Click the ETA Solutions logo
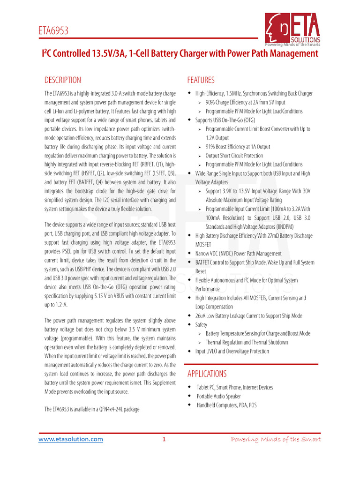pyautogui.click(x=292, y=29)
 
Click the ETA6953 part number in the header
pyautogui.click(x=53, y=31)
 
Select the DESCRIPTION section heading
pyautogui.click(x=62, y=80)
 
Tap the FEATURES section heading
pyautogui.click(x=201, y=80)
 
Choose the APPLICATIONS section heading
pyautogui.click(x=207, y=374)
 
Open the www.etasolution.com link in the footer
pyautogui.click(x=70, y=439)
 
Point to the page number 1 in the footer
pyautogui.click(x=164, y=439)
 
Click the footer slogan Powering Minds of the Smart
pyautogui.click(x=276, y=439)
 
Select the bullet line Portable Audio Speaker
pyautogui.click(x=218, y=396)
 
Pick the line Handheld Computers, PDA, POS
pyautogui.click(x=226, y=405)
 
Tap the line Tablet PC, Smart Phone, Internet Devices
pyautogui.click(x=234, y=387)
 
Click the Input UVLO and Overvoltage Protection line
pyautogui.click(x=232, y=351)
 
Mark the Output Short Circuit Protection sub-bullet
pyautogui.click(x=234, y=156)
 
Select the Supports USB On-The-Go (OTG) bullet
pyautogui.click(x=225, y=120)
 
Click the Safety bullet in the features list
pyautogui.click(x=201, y=324)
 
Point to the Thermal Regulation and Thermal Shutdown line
pyautogui.click(x=247, y=342)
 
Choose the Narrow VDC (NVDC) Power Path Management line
pyautogui.click(x=238, y=254)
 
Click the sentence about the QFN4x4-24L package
pyautogui.click(x=92, y=409)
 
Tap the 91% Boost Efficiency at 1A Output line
pyautogui.click(x=238, y=147)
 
